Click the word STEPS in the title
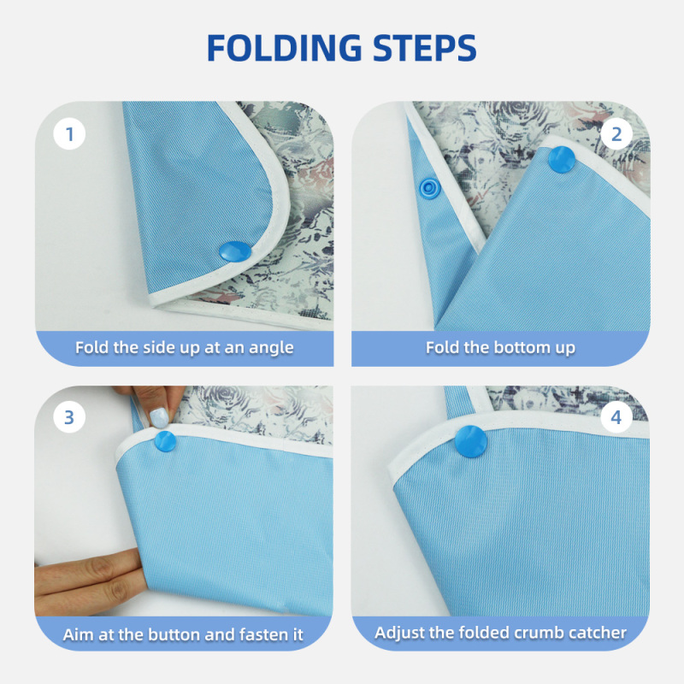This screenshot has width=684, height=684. tap(422, 48)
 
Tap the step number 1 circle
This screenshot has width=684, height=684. tap(69, 133)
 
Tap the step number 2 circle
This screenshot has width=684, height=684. tap(616, 133)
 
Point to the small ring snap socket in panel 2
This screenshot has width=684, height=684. tap(429, 186)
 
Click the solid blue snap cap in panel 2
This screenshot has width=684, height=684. tap(561, 157)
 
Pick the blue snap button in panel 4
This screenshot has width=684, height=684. tap(471, 435)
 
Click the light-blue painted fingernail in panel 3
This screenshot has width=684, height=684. tap(156, 418)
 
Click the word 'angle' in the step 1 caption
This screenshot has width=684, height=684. tap(272, 348)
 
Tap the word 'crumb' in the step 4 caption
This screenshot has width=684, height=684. tap(537, 633)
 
